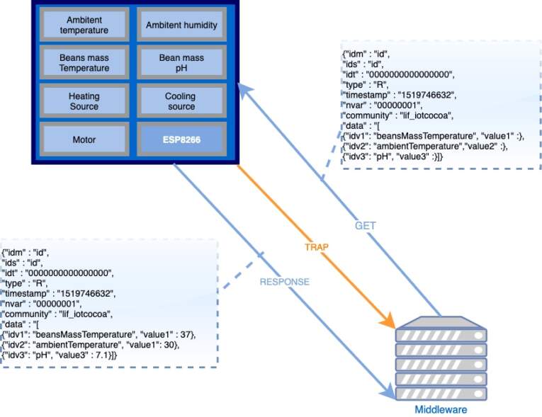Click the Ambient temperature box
84,25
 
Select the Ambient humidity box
181,25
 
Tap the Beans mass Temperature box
84,63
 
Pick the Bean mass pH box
181,63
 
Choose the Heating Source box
84,101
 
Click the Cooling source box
181,101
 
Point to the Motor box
84,139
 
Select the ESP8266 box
181,140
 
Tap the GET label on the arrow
365,226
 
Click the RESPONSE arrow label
285,281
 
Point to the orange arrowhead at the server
388,321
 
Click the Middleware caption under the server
441,409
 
